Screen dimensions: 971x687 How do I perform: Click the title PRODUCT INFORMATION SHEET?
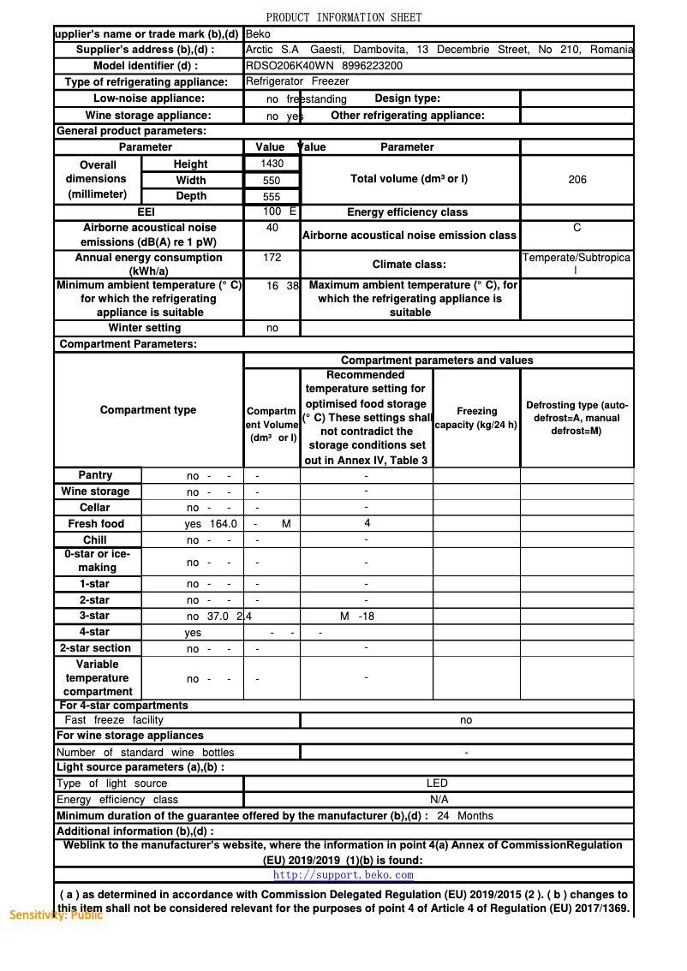pos(343,17)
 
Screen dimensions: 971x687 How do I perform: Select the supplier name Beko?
pos(258,34)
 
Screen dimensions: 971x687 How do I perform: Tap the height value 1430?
pos(272,164)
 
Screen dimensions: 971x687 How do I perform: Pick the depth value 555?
pos(272,196)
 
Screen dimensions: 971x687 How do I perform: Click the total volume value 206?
pos(577,180)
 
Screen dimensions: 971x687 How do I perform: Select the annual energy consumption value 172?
pos(272,257)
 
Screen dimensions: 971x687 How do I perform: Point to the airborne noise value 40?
pos(272,228)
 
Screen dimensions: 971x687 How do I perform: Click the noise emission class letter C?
pos(577,228)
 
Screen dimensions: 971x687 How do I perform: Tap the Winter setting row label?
pos(145,328)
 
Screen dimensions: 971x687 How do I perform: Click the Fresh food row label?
pos(96,524)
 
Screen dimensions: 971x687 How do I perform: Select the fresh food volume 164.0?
pos(223,524)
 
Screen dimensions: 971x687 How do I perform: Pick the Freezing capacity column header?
pos(476,418)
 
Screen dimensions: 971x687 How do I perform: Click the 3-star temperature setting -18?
pos(367,617)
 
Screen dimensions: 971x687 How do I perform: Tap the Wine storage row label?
pos(96,491)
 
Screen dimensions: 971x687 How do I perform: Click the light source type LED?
pos(437,783)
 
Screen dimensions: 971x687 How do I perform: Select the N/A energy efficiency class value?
pos(439,800)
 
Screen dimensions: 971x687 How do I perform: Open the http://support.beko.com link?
pos(343,875)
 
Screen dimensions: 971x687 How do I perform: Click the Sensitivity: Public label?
pos(56,914)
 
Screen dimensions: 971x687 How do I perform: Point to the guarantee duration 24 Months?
pos(464,816)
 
